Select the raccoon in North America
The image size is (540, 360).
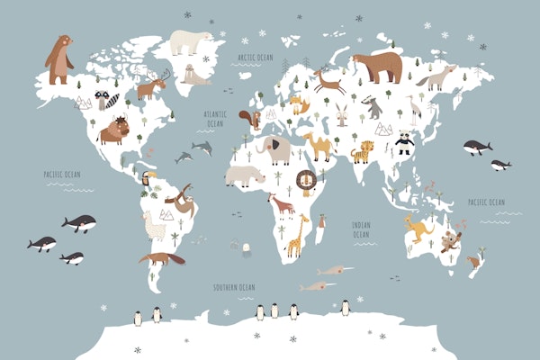(108, 99)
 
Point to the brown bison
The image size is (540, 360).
(114, 130)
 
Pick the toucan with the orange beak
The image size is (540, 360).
(149, 183)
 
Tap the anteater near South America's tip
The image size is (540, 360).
(162, 258)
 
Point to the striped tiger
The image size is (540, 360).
(363, 151)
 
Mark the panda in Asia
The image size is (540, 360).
(404, 141)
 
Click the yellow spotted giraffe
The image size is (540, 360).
(294, 236)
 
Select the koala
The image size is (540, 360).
(450, 240)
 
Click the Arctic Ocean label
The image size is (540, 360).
(255, 57)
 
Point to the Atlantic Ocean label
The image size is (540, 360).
(215, 118)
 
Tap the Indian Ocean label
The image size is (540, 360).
(361, 229)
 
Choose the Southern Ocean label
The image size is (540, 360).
(234, 287)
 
